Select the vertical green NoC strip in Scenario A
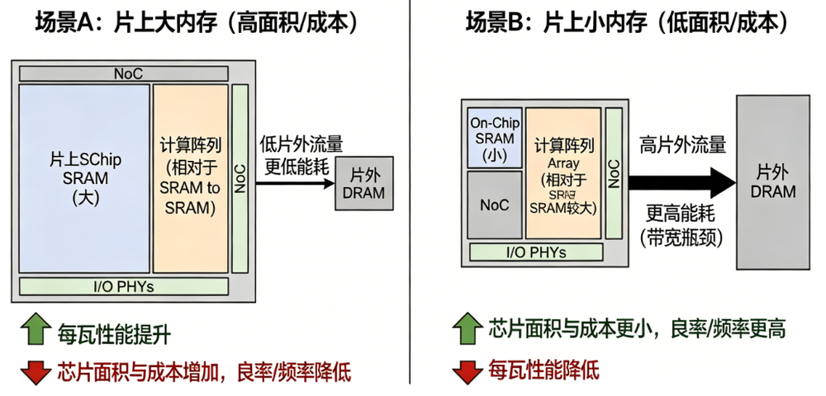(x=240, y=177)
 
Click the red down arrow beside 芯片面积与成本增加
(x=36, y=371)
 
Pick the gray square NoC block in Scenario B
(x=495, y=205)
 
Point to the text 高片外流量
(x=683, y=145)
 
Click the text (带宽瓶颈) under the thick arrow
(x=683, y=238)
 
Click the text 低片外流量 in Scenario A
(x=301, y=144)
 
